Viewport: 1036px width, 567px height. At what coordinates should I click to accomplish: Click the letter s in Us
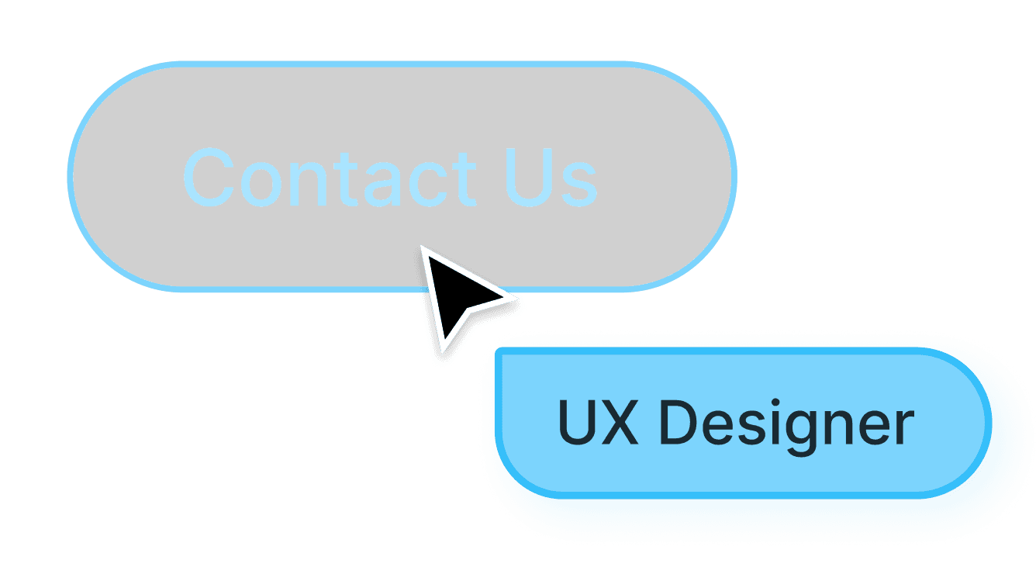[578, 185]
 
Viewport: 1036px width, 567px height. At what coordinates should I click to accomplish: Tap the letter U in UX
[578, 424]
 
